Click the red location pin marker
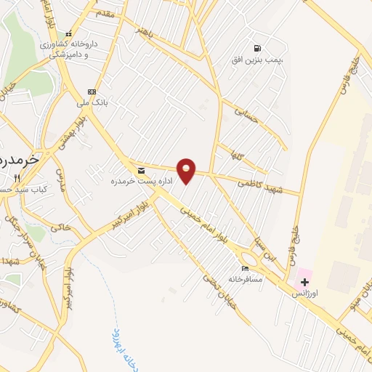(x=187, y=169)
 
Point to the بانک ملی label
(x=92, y=102)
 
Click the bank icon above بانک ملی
(x=92, y=92)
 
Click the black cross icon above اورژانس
(x=304, y=282)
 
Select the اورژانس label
(x=304, y=293)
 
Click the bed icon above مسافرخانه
(x=245, y=268)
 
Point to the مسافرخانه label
(x=245, y=278)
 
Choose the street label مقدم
(x=105, y=15)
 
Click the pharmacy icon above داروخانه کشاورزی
(x=68, y=33)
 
